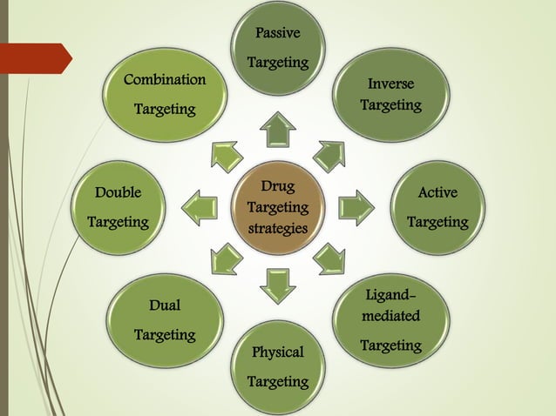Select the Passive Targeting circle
(278, 48)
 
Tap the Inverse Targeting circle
(391, 95)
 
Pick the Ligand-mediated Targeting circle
(391, 321)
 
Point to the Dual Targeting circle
(165, 320)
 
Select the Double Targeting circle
(118, 208)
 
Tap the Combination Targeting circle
(165, 95)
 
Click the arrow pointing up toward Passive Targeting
(278, 130)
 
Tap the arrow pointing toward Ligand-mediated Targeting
(329, 259)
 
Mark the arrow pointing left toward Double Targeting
(200, 208)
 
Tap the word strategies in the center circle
(278, 229)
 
